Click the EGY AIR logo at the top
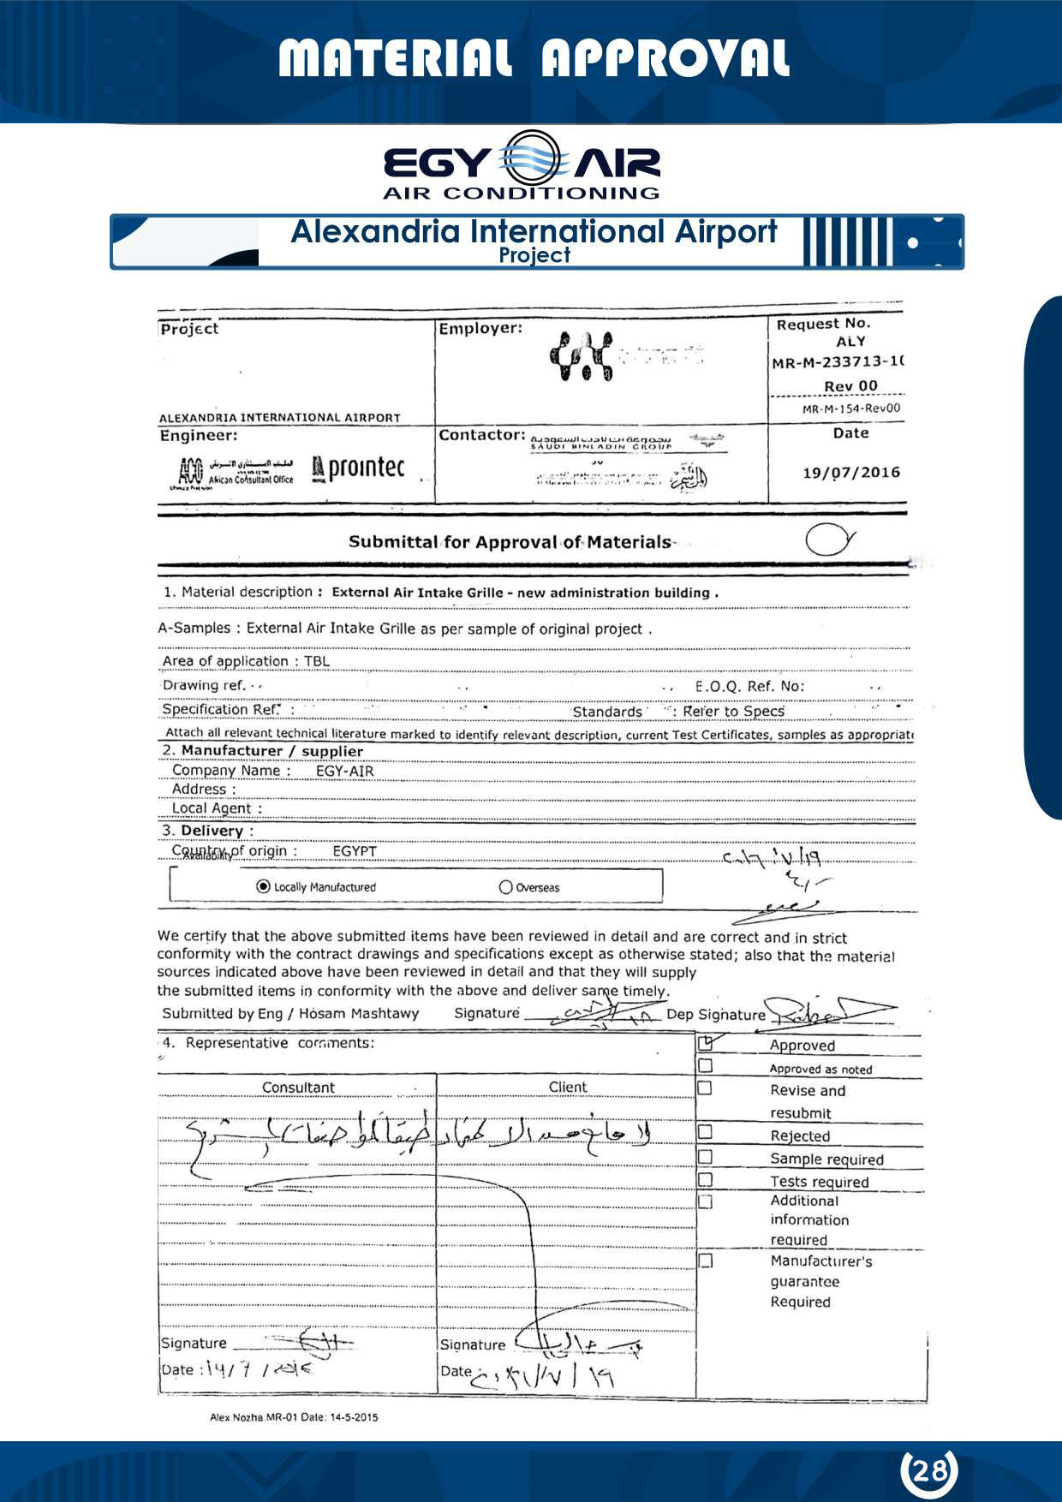tap(522, 165)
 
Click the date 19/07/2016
tap(851, 473)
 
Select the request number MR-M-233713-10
tap(838, 362)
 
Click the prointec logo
tap(359, 468)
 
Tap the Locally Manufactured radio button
tap(264, 886)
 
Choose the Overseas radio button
tap(505, 887)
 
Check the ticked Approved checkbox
tap(706, 1044)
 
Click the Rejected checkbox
tap(705, 1132)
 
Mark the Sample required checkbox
tap(705, 1157)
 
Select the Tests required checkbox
tap(705, 1180)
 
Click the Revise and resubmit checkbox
tap(705, 1088)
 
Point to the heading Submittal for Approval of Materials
tap(510, 542)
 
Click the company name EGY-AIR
tap(344, 771)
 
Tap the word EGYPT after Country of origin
tap(355, 851)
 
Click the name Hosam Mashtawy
tap(359, 1014)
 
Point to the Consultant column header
tap(298, 1088)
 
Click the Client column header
tap(568, 1087)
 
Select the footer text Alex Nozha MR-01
tap(294, 1417)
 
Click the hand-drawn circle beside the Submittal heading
tap(829, 539)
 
